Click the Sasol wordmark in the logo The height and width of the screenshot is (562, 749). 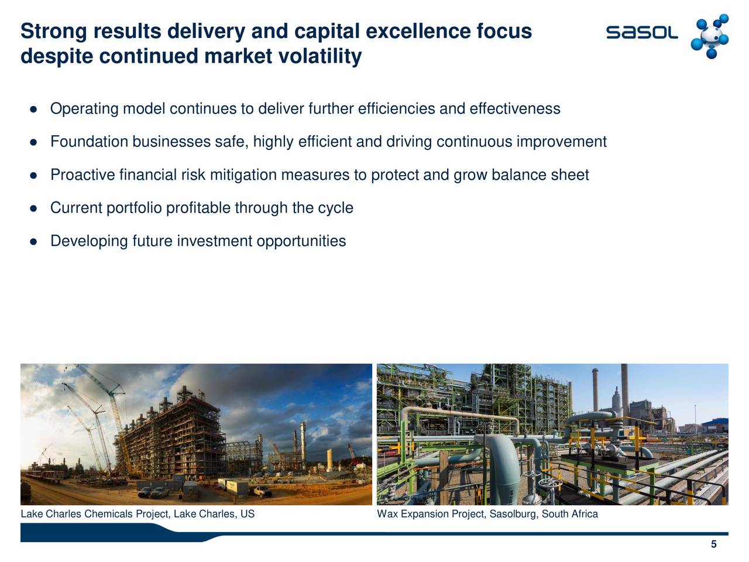point(642,33)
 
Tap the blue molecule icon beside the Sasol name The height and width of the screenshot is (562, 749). point(709,36)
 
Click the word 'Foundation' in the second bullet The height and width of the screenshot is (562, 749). point(89,142)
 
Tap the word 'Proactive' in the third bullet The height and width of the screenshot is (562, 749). point(83,175)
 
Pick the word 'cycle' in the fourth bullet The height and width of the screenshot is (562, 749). point(335,208)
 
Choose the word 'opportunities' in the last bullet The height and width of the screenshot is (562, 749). point(301,241)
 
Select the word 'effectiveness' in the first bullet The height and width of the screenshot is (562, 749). point(515,109)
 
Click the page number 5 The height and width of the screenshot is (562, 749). point(713,545)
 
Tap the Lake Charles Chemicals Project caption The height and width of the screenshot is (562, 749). point(138,514)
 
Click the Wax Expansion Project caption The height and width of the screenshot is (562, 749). point(487,514)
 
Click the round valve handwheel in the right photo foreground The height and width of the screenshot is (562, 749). point(548,485)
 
